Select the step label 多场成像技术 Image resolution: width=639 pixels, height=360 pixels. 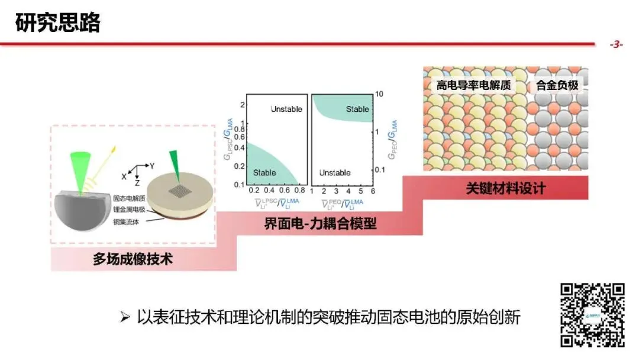[x=133, y=259]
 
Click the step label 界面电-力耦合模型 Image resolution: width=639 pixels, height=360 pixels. [x=320, y=224]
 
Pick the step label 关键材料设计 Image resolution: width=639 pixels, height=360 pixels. [x=505, y=189]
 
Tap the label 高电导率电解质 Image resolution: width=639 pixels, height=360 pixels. [x=473, y=85]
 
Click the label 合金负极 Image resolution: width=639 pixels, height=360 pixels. [x=557, y=85]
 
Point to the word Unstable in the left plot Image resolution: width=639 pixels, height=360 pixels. [x=286, y=109]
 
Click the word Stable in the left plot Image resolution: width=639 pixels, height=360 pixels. [x=264, y=172]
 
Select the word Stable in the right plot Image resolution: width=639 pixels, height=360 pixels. [x=357, y=109]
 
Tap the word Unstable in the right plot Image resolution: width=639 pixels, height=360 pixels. [x=335, y=172]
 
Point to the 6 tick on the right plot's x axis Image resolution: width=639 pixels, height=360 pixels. [x=373, y=192]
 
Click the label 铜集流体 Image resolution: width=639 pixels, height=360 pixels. [x=127, y=221]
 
